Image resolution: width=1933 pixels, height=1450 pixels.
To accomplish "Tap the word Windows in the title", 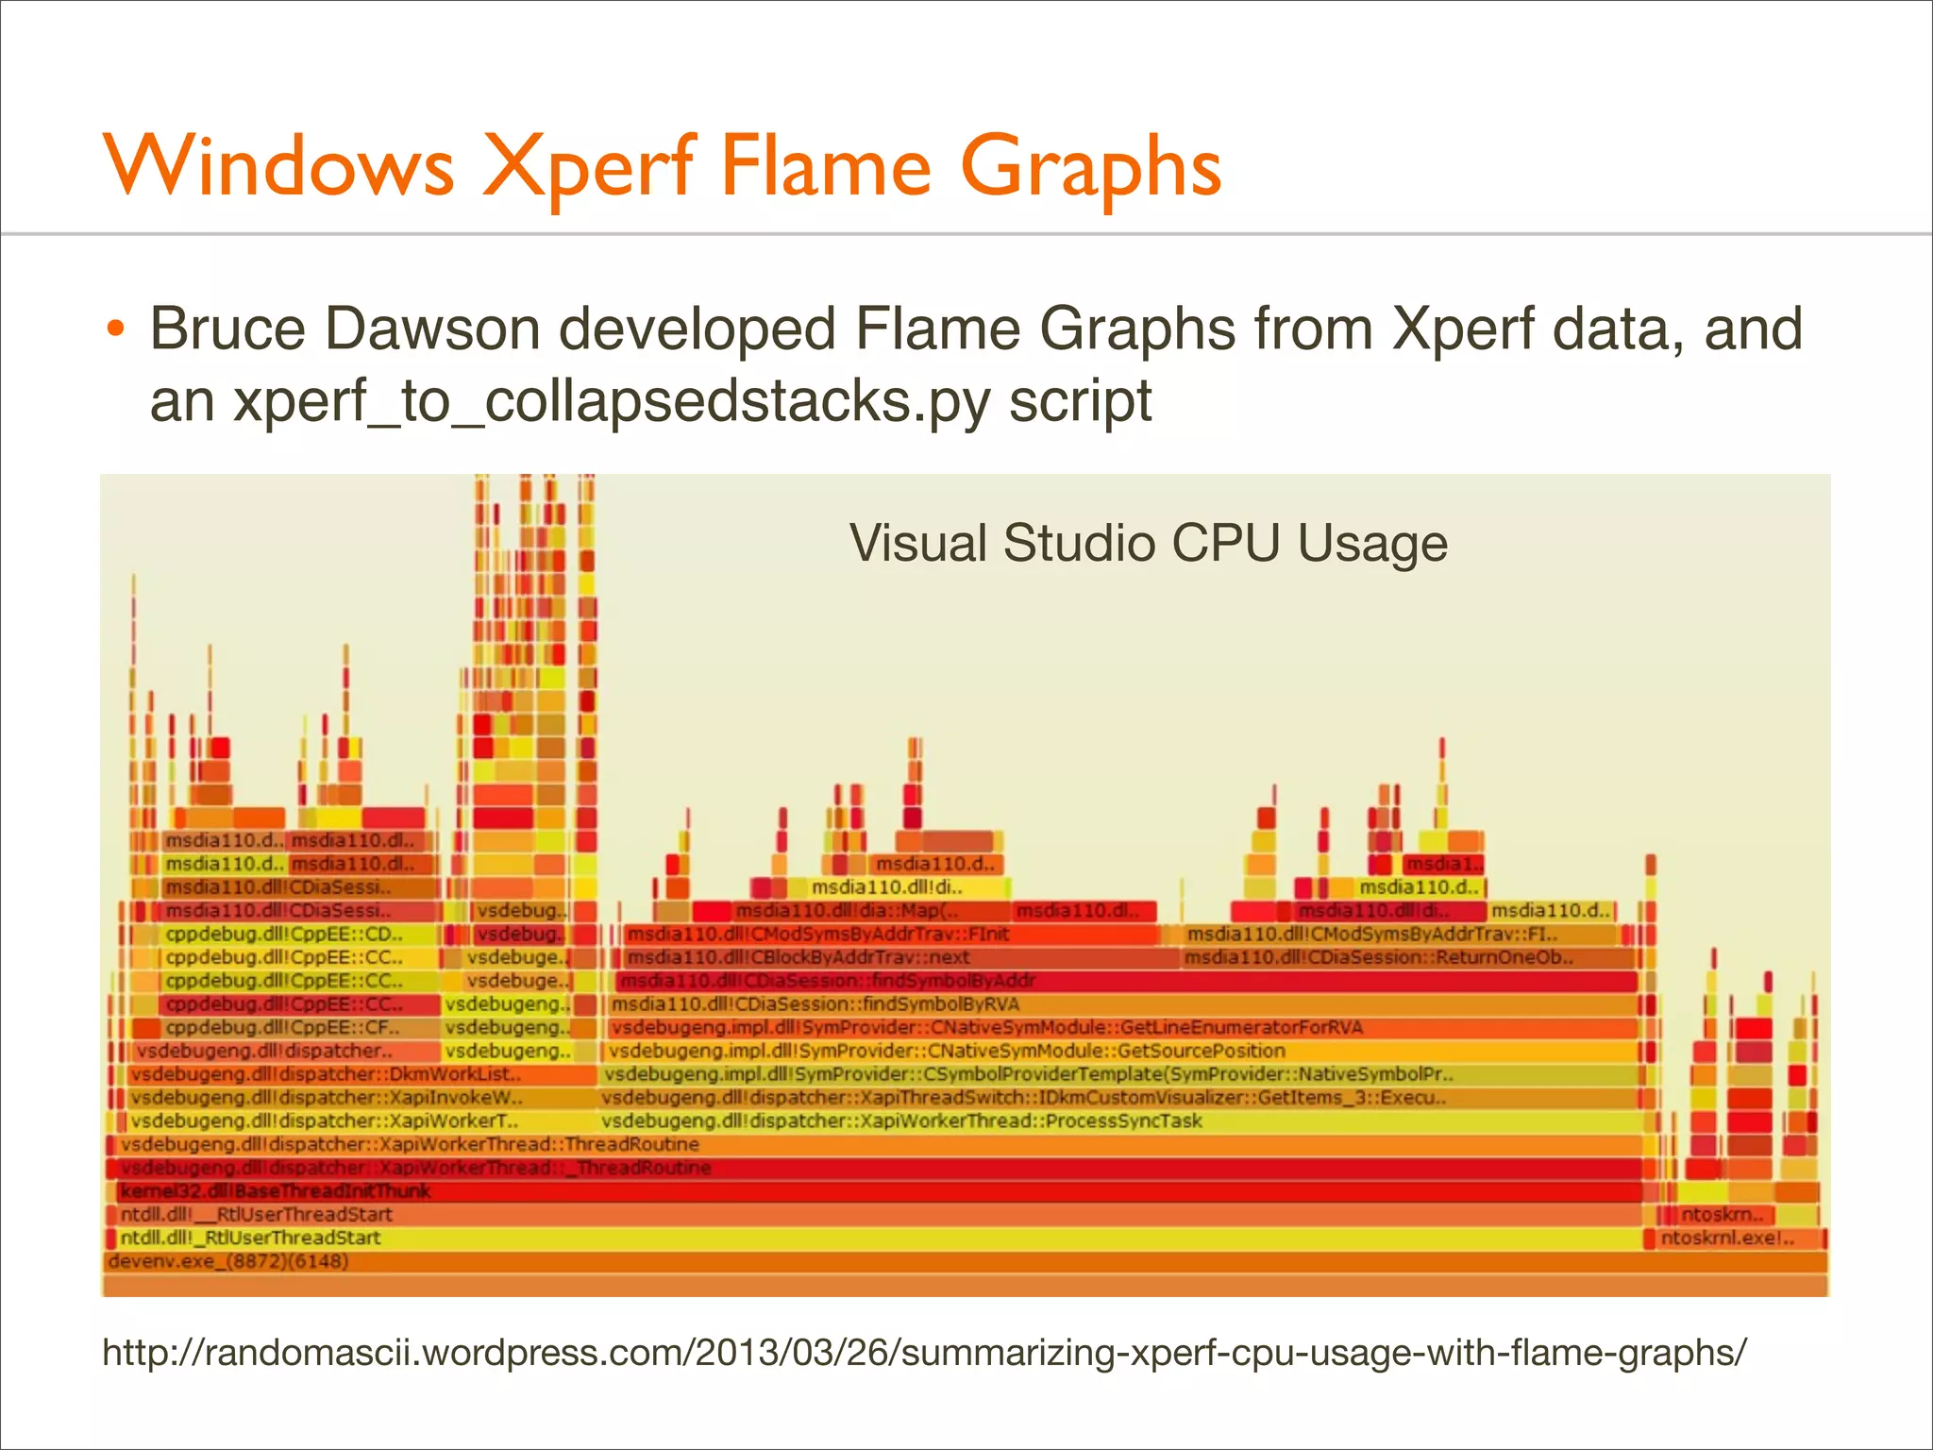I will (x=279, y=168).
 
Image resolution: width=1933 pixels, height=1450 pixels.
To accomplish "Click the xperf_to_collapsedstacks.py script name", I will (x=613, y=400).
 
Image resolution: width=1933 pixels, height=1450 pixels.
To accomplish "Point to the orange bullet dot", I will (x=115, y=330).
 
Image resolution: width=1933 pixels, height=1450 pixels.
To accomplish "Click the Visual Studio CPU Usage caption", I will (x=1148, y=544).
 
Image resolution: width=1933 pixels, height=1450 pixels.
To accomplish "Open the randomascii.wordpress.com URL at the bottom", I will (x=924, y=1352).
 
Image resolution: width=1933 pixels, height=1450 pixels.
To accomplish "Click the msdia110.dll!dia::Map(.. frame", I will (x=849, y=911).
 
